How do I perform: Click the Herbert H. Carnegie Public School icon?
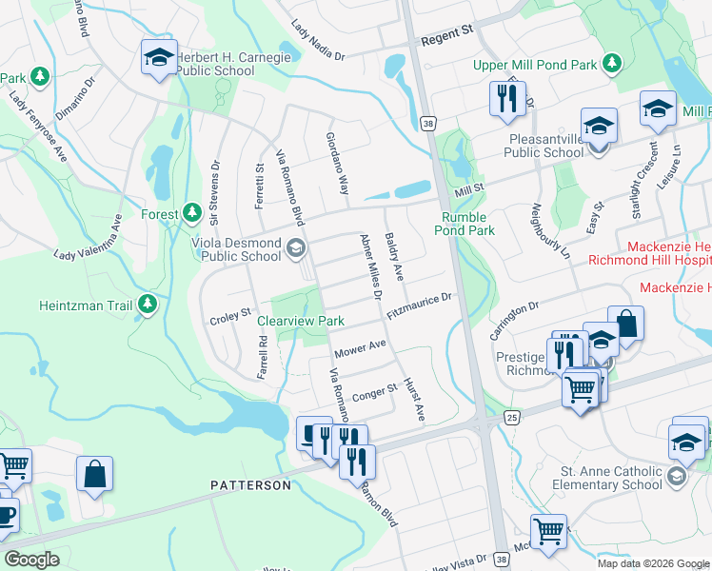(159, 57)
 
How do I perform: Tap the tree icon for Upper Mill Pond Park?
(614, 65)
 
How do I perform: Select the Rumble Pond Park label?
(466, 224)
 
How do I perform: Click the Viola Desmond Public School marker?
(295, 249)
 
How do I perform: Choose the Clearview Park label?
(301, 322)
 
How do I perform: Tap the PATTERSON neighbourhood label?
(250, 485)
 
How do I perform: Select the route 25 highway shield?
(511, 418)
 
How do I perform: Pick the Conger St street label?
(373, 392)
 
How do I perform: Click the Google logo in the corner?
(32, 560)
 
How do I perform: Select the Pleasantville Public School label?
(544, 145)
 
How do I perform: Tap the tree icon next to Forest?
(191, 211)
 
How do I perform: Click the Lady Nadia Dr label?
(318, 43)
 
